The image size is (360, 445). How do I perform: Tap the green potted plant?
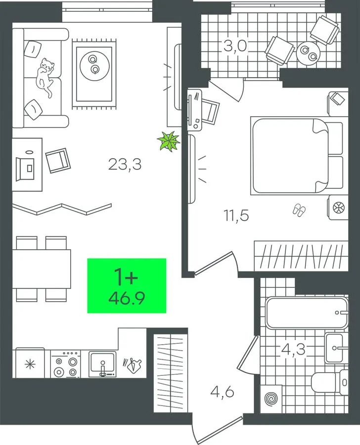pyautogui.click(x=169, y=140)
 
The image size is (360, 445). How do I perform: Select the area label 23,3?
pyautogui.click(x=125, y=165)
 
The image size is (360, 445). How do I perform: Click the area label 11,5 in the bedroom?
pyautogui.click(x=236, y=216)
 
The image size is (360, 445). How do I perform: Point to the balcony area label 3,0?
pyautogui.click(x=235, y=46)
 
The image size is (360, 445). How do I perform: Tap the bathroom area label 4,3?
pyautogui.click(x=293, y=350)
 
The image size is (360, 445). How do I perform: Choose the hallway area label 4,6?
pyautogui.click(x=223, y=393)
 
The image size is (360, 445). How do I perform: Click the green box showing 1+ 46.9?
pyautogui.click(x=127, y=286)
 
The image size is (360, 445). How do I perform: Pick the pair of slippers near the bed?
pyautogui.click(x=299, y=210)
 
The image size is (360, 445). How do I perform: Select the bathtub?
pyautogui.click(x=307, y=312)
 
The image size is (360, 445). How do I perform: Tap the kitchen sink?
pyautogui.click(x=102, y=364)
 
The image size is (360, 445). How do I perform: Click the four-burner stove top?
pyautogui.click(x=66, y=364)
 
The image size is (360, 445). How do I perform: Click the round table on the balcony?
pyautogui.click(x=309, y=53)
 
